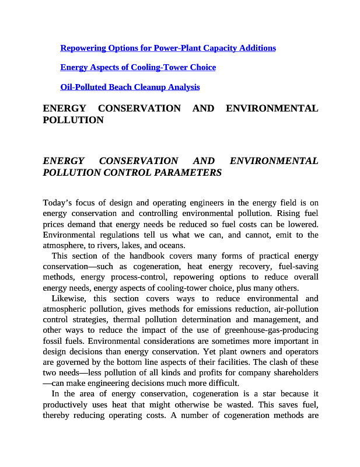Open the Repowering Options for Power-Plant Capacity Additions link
click(168, 48)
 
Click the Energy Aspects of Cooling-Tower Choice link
click(138, 68)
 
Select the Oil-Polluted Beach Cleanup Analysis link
click(130, 88)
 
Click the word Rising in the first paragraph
click(291, 214)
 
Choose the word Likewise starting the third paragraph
click(69, 299)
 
